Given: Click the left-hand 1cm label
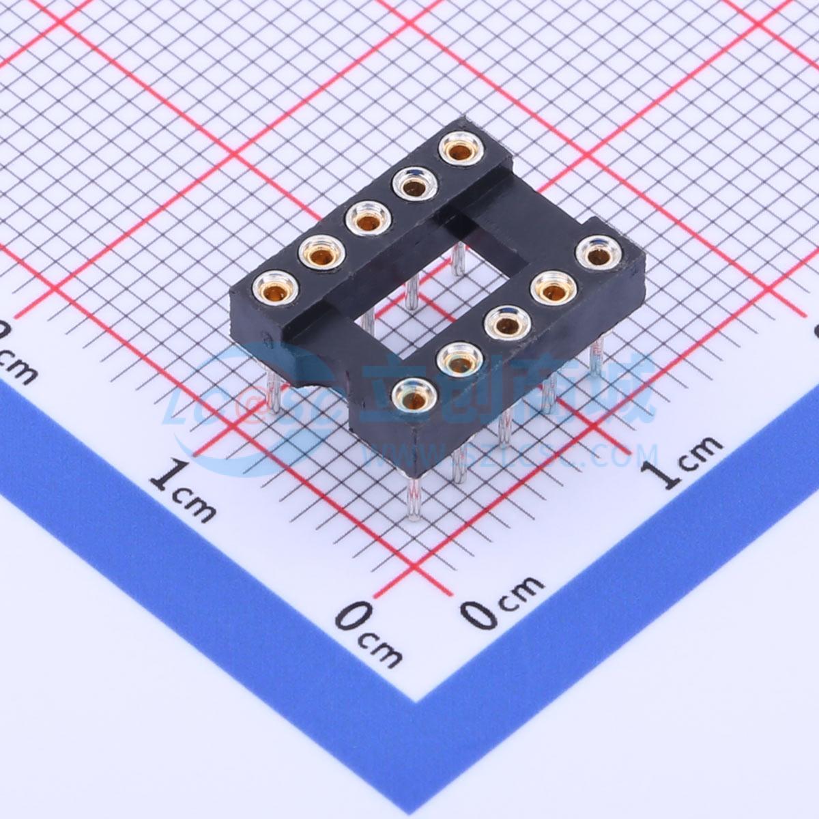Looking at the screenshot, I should click(x=183, y=490).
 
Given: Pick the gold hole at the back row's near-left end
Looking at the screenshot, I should click(x=275, y=289).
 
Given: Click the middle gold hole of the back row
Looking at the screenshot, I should click(x=369, y=220).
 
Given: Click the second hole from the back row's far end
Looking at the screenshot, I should click(x=414, y=184).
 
